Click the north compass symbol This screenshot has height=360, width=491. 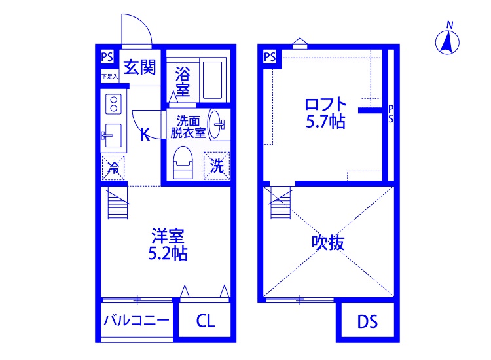(x=448, y=42)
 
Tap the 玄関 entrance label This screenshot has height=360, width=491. (x=139, y=67)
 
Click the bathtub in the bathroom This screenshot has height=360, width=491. (x=212, y=79)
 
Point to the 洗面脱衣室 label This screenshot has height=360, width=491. (x=188, y=126)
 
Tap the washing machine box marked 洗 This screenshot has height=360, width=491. (x=217, y=166)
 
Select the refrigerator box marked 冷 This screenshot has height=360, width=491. (x=113, y=167)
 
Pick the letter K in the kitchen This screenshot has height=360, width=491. (x=145, y=135)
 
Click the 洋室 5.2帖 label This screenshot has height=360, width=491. (x=168, y=244)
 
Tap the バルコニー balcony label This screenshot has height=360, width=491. (x=136, y=321)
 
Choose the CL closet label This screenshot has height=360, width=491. (x=205, y=321)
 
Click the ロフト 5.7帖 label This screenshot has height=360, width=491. (x=325, y=112)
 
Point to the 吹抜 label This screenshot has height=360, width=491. (x=328, y=243)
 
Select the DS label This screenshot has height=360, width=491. (x=367, y=322)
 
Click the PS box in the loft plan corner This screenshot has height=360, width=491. (x=269, y=57)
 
